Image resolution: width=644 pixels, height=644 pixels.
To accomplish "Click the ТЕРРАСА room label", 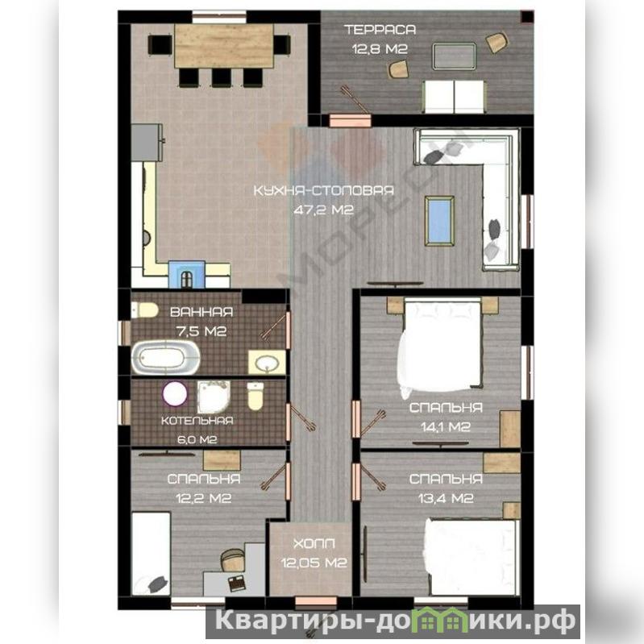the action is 380,30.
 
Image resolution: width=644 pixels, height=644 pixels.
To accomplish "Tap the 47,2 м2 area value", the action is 324,210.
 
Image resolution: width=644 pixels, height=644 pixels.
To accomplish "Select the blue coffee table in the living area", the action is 439,221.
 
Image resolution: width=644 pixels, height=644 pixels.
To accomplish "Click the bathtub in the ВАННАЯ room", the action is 165,357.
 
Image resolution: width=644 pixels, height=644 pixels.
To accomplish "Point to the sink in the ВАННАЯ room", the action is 267,362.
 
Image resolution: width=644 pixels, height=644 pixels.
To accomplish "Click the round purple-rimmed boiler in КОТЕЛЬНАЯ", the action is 175,393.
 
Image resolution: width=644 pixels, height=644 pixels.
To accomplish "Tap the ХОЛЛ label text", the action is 314,544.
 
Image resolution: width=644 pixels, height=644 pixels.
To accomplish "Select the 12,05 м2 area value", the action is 314,563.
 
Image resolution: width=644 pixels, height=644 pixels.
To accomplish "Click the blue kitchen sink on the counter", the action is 187,274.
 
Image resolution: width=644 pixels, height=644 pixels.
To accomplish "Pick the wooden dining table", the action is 224,46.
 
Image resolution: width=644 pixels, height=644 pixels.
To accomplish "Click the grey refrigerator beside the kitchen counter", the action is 147,142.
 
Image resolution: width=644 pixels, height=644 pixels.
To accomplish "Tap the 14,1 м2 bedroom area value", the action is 446,427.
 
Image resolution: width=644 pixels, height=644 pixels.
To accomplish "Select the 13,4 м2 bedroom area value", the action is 446,498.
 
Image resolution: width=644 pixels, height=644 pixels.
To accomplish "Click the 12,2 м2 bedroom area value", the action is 204,498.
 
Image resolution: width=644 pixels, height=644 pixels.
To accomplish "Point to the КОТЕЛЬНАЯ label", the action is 197,421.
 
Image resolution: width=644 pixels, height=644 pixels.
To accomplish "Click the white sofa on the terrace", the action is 454,97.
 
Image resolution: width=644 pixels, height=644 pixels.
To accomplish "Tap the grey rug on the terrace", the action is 455,56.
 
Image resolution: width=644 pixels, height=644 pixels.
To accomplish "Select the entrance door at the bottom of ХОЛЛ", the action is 316,601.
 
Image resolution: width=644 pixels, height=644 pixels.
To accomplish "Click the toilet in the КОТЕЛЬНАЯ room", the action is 255,396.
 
